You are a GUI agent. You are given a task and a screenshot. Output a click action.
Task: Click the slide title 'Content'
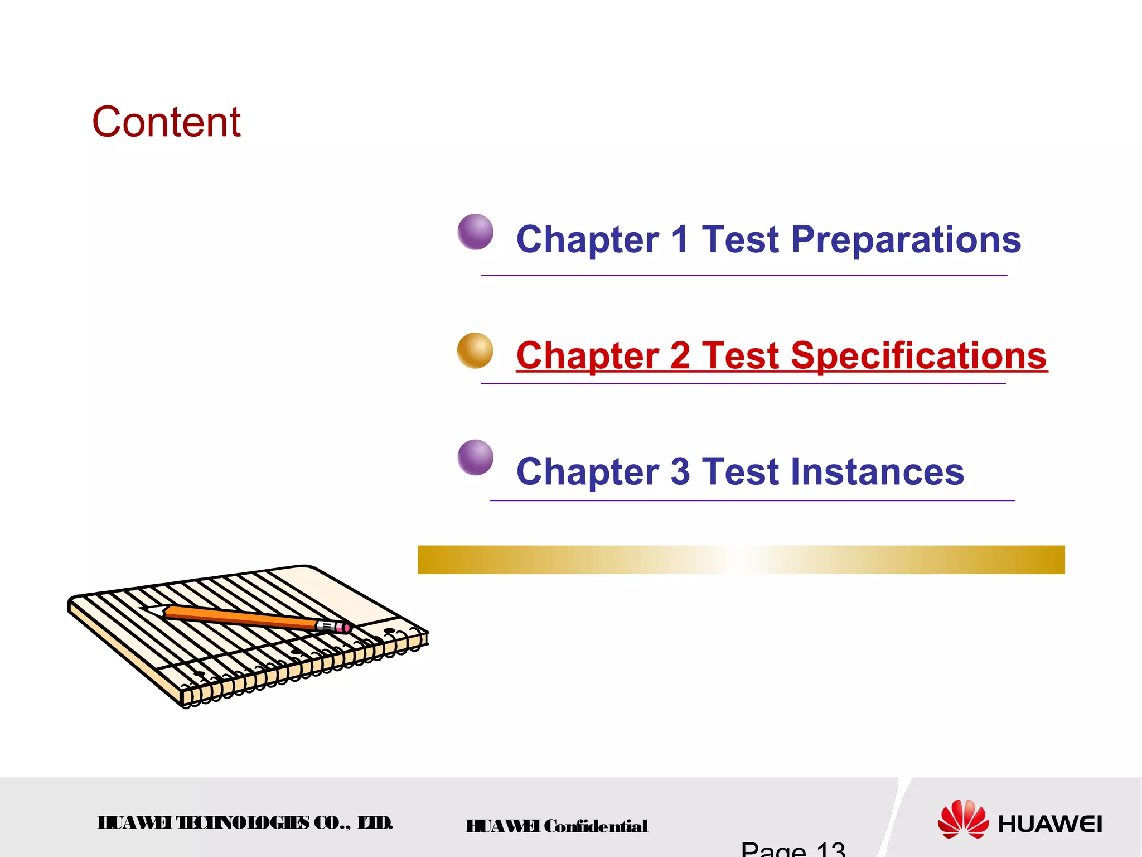coord(166,122)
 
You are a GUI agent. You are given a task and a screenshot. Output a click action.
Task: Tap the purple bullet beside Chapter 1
coord(475,232)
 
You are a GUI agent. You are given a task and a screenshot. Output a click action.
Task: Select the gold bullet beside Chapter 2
coord(475,350)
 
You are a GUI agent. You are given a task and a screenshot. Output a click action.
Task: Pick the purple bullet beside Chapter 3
coord(475,458)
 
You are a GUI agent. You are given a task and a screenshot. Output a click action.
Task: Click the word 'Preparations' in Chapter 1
coord(906,240)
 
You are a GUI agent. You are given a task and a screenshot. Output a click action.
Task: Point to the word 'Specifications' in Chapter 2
coord(918,355)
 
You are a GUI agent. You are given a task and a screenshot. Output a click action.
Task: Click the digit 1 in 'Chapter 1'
coord(680,240)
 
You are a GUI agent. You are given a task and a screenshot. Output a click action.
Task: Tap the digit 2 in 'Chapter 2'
coord(680,355)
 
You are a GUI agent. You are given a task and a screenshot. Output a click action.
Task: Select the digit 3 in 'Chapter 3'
coord(680,471)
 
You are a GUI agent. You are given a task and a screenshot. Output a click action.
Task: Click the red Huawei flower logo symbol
coord(962,819)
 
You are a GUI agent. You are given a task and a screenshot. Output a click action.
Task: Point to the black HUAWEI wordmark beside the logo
coord(1049,824)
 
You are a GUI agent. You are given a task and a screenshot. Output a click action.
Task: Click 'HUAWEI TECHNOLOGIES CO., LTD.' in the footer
coord(245,823)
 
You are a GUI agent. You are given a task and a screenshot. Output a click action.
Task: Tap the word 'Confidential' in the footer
coord(596,826)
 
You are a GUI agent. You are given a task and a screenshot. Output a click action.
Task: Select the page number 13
coord(830,850)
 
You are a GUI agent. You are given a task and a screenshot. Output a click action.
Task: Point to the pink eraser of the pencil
coord(346,629)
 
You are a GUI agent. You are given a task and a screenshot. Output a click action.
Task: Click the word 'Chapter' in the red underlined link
coord(587,355)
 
